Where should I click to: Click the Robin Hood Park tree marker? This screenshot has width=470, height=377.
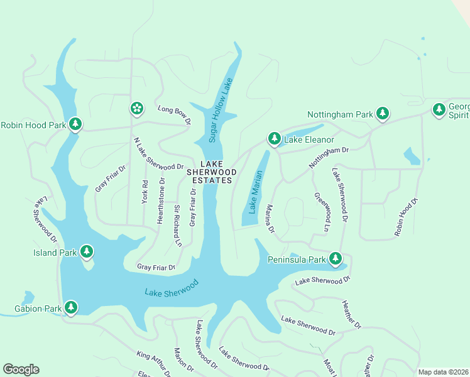click(x=75, y=124)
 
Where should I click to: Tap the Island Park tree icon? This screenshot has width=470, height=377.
click(x=87, y=253)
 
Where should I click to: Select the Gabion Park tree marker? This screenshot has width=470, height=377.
click(x=72, y=307)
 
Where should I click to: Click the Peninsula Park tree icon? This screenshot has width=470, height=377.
click(x=336, y=258)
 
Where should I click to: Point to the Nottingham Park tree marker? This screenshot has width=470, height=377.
click(x=382, y=114)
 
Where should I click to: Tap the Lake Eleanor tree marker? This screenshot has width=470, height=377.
click(x=274, y=138)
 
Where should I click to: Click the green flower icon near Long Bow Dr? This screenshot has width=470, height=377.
click(x=136, y=108)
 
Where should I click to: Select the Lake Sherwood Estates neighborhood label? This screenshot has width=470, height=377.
click(x=212, y=172)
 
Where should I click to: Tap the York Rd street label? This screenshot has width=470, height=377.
click(x=145, y=193)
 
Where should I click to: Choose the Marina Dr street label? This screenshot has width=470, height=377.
click(x=270, y=219)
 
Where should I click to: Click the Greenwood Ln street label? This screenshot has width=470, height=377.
click(x=322, y=212)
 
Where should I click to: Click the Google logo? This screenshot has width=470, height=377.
click(x=21, y=369)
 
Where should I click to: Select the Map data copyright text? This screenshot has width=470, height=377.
click(x=444, y=372)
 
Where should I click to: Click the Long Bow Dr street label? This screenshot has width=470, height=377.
click(x=173, y=114)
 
